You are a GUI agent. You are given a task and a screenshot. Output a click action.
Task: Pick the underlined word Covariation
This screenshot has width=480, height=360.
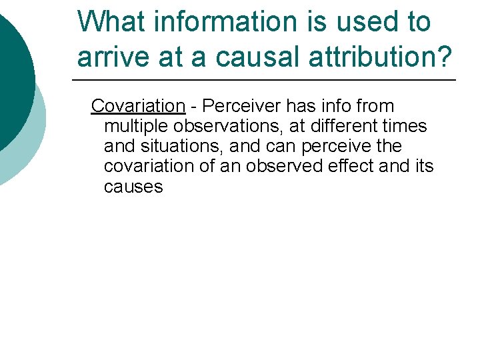coord(137,106)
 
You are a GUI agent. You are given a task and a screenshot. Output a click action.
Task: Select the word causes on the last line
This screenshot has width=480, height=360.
coord(133,187)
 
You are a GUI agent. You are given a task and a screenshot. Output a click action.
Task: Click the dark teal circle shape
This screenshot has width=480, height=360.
coord(13,73)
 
